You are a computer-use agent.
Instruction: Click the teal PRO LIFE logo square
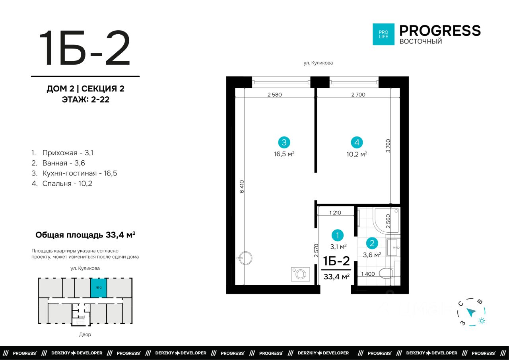click(383, 34)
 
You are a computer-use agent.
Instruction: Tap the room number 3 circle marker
click(284, 142)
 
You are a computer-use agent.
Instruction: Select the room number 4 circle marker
click(357, 142)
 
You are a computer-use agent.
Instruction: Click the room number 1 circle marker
click(338, 235)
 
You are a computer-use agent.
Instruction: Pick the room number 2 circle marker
click(372, 243)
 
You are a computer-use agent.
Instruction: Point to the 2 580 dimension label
click(274, 95)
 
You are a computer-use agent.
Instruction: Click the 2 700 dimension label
click(358, 95)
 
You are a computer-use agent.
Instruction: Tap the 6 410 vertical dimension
click(242, 187)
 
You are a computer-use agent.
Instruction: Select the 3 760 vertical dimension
click(388, 146)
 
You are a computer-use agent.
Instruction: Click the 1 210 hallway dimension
click(335, 213)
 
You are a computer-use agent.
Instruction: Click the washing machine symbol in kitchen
click(300, 274)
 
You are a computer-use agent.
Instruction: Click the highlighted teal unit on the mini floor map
click(99, 288)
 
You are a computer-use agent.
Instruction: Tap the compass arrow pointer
click(471, 312)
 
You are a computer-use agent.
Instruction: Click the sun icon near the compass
click(482, 321)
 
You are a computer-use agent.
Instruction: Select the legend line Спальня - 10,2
click(62, 183)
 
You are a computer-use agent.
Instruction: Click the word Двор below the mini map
click(85, 335)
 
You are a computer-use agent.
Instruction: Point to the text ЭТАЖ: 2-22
click(85, 99)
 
